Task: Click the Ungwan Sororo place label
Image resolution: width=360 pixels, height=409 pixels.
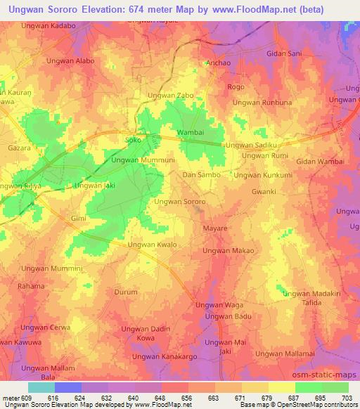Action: pos(179,202)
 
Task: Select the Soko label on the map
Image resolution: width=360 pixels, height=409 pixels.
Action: pos(132,140)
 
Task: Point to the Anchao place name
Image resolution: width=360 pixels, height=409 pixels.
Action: pos(217,63)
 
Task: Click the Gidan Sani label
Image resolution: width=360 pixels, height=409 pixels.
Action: pos(284,53)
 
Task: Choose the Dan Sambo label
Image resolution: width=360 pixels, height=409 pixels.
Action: pos(202,174)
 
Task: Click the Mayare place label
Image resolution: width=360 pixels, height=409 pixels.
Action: pos(215,229)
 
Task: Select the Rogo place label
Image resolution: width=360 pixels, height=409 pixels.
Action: pos(235,87)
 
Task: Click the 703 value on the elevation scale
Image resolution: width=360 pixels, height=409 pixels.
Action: pos(347,398)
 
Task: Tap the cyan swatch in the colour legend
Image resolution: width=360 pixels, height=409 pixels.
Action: pos(41,387)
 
